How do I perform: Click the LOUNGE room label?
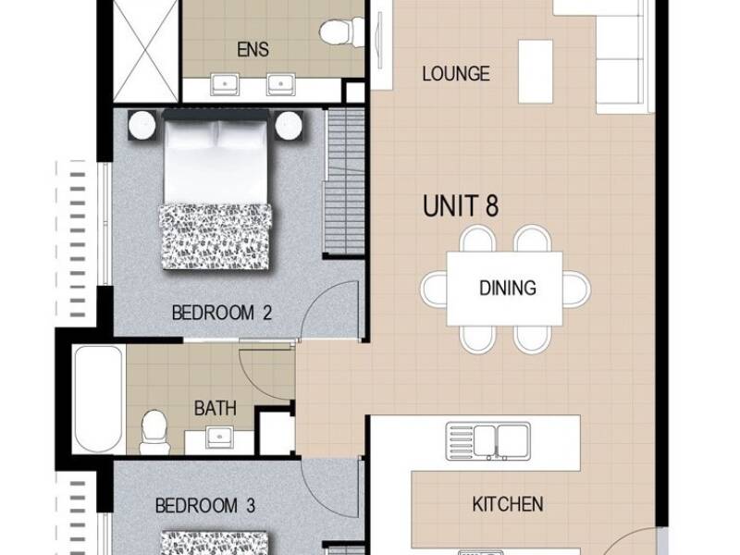point(455,74)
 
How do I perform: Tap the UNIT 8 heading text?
point(460,206)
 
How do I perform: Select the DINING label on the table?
point(507,288)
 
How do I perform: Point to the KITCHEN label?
point(507,504)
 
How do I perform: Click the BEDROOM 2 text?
point(222,313)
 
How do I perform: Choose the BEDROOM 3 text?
point(205,506)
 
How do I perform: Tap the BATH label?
point(216,408)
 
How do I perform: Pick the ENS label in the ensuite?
point(253,50)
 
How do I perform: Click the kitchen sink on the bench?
point(488,441)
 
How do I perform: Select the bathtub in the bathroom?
point(99,399)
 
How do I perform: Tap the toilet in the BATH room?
point(154,432)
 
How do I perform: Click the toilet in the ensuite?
point(341,32)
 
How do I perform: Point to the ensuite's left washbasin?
point(225,84)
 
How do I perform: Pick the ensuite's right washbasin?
point(281,84)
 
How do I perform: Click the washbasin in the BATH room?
point(220,437)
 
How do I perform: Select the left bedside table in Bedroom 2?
point(142,125)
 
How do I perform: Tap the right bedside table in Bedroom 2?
point(289,125)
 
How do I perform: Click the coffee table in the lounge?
point(536,71)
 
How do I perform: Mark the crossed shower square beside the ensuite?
point(146,51)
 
